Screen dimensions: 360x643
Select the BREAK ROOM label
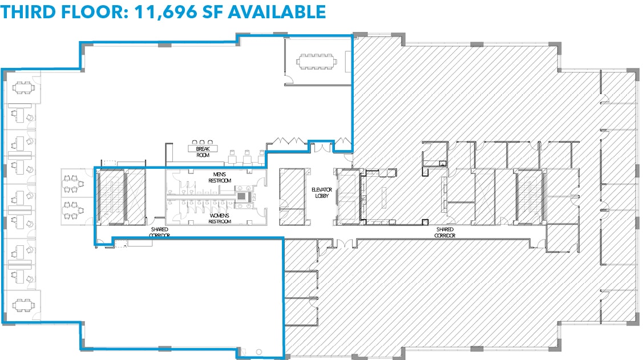[x=203, y=152]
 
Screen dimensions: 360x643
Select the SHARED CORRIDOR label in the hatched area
[x=444, y=232]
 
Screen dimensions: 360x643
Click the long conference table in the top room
[x=317, y=60]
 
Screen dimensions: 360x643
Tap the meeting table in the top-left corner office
[x=22, y=87]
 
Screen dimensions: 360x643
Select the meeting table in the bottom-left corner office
[x=22, y=304]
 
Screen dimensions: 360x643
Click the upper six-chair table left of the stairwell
[x=72, y=183]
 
